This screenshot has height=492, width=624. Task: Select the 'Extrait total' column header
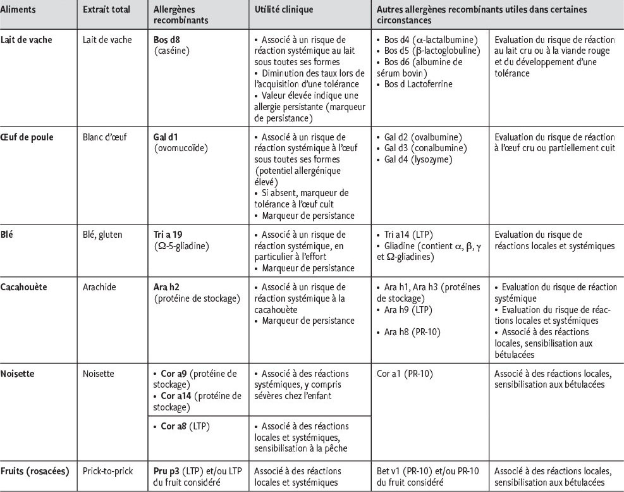(106, 11)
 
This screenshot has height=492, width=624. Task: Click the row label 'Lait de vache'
(27, 39)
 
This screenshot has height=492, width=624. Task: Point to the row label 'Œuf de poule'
(28, 137)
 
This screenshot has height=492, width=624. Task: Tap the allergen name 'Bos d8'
(168, 39)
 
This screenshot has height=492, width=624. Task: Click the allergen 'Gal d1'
(167, 137)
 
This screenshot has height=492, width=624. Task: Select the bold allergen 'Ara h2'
(167, 287)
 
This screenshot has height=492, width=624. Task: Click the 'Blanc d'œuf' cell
(104, 137)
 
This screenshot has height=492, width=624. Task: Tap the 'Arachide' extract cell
(99, 287)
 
